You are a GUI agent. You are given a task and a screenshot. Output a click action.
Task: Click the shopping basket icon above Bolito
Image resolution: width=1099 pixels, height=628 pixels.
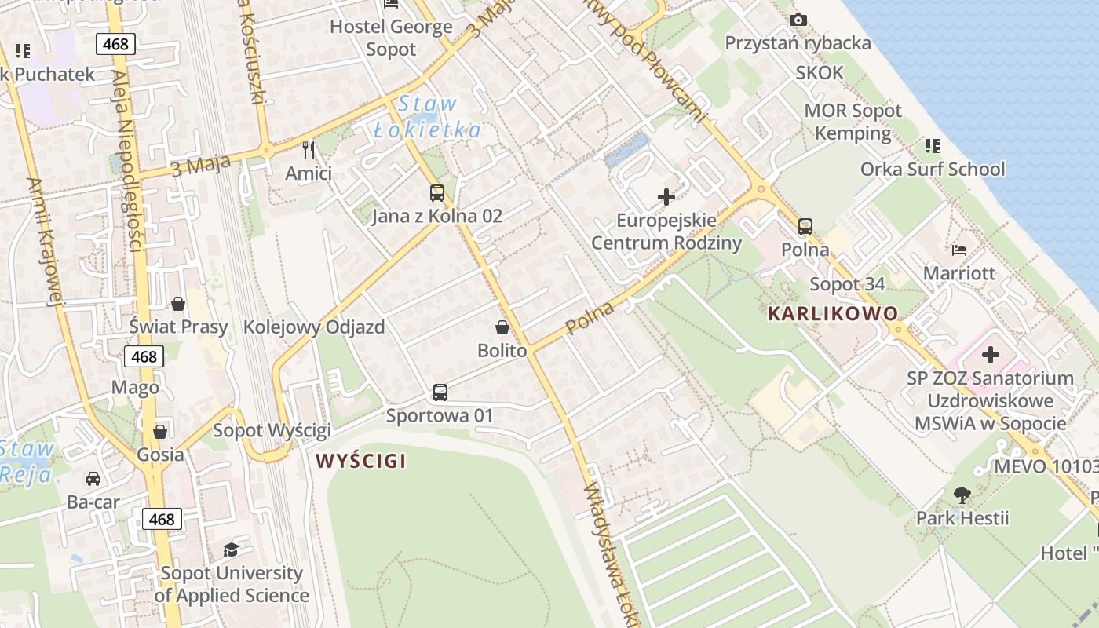(x=502, y=327)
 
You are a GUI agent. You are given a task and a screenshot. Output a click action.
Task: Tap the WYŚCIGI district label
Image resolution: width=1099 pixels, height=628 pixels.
(x=361, y=461)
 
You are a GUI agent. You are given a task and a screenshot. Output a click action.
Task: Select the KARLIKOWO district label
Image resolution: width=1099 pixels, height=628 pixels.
(x=832, y=314)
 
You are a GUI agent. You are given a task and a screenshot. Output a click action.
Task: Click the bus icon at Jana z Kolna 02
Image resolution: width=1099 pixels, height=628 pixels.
(x=437, y=193)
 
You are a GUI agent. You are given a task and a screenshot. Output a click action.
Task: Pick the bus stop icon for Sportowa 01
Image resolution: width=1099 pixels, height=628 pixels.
(x=440, y=392)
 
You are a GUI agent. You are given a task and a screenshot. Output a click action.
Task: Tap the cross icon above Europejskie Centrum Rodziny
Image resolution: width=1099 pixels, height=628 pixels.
(x=666, y=197)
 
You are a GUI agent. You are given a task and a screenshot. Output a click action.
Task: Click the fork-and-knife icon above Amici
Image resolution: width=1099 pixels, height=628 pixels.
(x=309, y=150)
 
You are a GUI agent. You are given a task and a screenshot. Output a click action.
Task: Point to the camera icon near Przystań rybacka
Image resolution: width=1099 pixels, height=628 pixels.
(x=798, y=20)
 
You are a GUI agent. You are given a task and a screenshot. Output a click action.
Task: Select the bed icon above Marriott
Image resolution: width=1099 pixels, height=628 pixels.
(x=958, y=251)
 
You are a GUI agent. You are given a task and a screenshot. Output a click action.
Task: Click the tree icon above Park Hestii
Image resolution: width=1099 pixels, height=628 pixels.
(x=962, y=495)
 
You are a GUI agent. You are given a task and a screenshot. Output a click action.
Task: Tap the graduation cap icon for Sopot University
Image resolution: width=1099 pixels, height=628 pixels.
(x=231, y=550)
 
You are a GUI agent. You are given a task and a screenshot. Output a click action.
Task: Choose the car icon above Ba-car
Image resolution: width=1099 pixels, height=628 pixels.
(x=93, y=479)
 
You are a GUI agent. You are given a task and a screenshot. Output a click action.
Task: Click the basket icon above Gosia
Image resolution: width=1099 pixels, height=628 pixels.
(x=160, y=432)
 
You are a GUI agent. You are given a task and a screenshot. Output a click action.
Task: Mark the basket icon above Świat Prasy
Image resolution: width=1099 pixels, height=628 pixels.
(x=178, y=304)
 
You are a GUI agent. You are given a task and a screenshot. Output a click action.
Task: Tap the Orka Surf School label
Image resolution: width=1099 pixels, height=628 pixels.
(x=933, y=170)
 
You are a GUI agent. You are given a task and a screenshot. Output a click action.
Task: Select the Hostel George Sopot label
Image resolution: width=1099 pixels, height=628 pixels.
(x=391, y=38)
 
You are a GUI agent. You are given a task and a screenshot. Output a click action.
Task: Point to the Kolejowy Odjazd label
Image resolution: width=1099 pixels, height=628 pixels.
(x=314, y=327)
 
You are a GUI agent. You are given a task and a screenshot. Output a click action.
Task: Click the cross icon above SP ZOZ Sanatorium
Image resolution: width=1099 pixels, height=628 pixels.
(x=991, y=355)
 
